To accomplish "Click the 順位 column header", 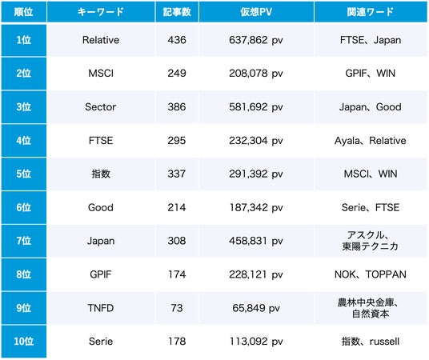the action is coord(23,12).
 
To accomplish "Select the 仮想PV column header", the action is coord(256,12).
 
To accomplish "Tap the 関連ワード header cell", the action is coord(371,12).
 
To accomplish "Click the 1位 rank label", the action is coord(23,40).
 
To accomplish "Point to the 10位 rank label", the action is coord(23,341).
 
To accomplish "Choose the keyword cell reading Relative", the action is coord(101,40).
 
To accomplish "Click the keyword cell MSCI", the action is coord(101,74).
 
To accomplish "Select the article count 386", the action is coord(177,106).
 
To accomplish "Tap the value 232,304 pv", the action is coord(256,141).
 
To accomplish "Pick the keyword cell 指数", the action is coord(101,174).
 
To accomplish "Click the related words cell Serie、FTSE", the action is coord(371,207).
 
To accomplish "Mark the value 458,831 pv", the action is coord(256,241).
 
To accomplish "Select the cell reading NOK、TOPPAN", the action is coord(371,274).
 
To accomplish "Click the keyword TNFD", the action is coord(101,308).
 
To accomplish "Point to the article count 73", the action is coord(177,308).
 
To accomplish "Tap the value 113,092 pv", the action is coord(256,341).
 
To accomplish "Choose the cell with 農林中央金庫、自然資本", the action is coord(371,308).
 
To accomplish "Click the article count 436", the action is coord(177,40).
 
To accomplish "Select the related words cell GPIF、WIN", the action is coord(371,74).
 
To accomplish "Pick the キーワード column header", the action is coord(101,12).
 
